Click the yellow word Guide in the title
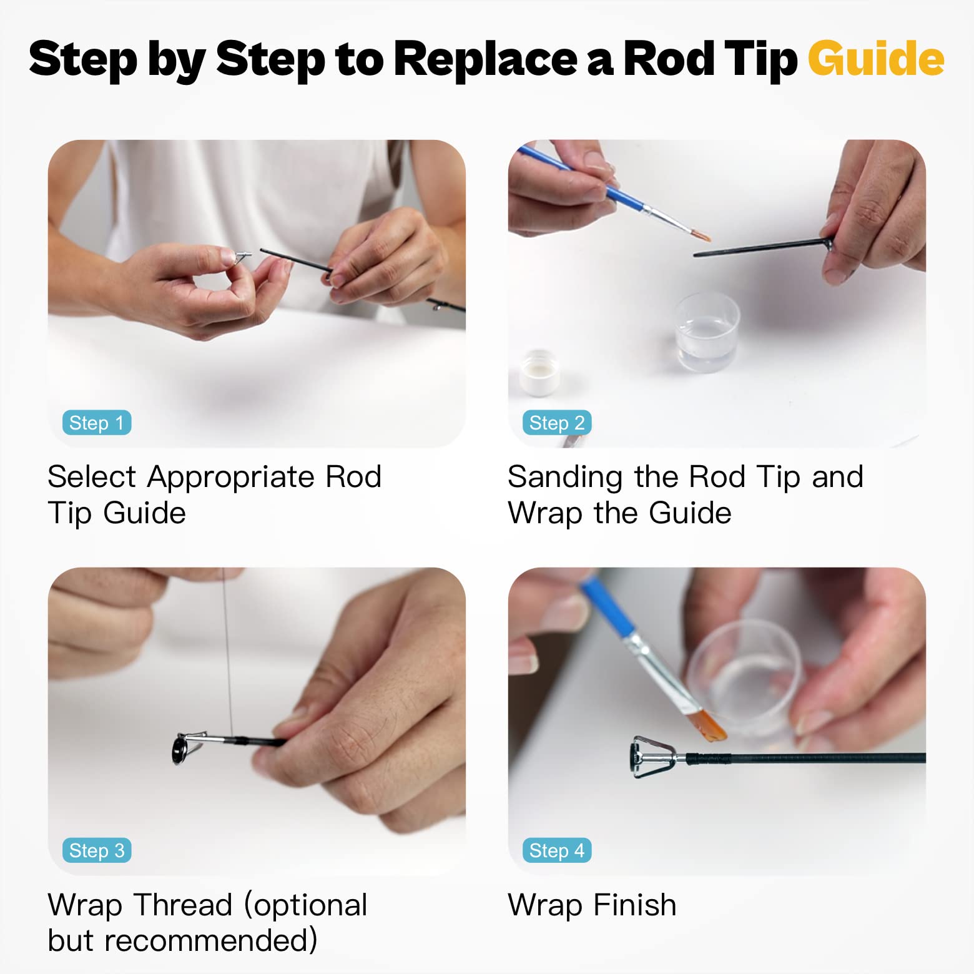(x=875, y=59)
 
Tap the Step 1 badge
(x=97, y=423)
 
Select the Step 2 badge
(x=557, y=423)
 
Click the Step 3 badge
(x=97, y=850)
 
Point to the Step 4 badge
(x=557, y=850)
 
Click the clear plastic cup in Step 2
(x=707, y=332)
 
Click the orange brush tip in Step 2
(x=702, y=235)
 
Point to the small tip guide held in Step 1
(x=242, y=256)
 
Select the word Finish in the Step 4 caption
(x=634, y=905)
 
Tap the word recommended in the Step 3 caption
(x=182, y=940)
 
